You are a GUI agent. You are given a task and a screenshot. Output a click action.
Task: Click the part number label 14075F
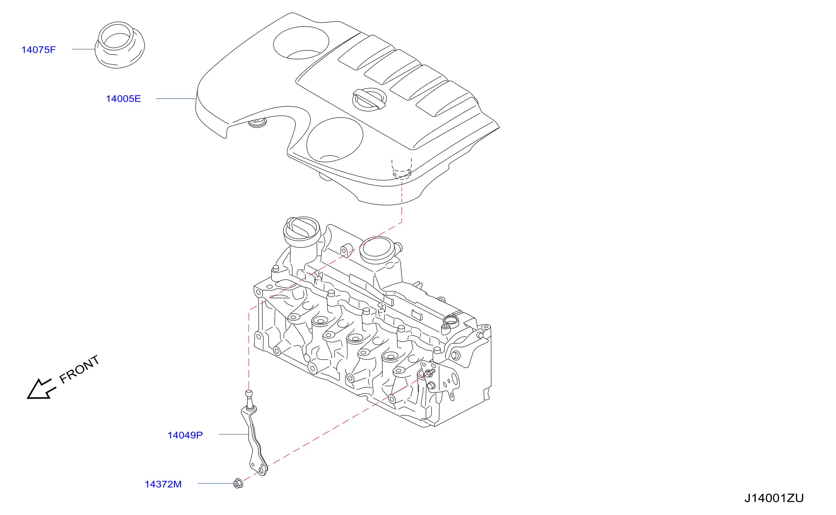39,50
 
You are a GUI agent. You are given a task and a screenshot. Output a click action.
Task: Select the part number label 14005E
123,99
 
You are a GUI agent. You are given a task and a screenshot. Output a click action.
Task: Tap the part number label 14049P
185,435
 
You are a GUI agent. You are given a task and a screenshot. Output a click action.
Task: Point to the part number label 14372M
163,484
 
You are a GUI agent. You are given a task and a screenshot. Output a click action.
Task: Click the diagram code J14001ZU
774,498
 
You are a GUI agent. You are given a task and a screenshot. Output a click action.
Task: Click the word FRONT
79,369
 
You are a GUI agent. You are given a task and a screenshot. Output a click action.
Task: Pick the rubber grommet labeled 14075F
120,45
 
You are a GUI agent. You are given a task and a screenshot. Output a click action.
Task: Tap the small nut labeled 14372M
238,483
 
